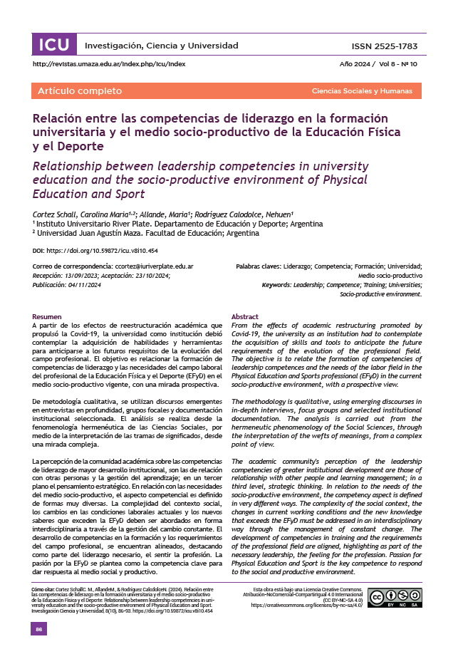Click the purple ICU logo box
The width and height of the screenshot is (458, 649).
click(53, 46)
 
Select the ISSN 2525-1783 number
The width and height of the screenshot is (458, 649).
click(384, 46)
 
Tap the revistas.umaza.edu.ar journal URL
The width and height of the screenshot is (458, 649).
click(109, 64)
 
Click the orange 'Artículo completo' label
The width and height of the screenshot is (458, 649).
click(70, 91)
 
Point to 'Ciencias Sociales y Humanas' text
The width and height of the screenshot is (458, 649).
click(362, 91)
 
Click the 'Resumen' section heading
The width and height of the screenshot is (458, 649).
click(47, 316)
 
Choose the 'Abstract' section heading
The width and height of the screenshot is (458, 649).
click(245, 316)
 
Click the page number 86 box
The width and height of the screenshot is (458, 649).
click(39, 629)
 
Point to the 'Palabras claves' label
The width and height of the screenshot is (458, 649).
click(257, 266)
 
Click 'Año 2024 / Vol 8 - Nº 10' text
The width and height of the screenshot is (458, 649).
click(378, 64)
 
